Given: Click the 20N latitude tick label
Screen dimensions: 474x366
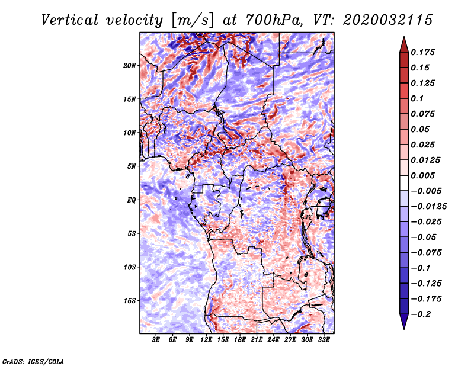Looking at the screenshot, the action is coord(129,66).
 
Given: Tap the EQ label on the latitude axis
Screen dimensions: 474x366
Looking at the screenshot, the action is coord(131,200).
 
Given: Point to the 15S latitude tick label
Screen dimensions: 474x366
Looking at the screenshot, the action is coord(130,301).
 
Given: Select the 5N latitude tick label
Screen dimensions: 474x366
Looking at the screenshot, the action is coord(131,166).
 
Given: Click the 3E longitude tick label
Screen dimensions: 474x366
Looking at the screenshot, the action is coord(156,340).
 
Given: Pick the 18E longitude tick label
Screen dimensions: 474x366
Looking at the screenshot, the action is coord(240,340).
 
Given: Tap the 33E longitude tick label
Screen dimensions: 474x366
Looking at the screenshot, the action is coord(324,340).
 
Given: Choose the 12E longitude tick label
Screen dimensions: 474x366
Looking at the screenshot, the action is coord(206,340).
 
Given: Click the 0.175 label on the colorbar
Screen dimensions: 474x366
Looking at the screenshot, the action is coord(422,52).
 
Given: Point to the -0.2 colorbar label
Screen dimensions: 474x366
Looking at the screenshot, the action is coord(421,314).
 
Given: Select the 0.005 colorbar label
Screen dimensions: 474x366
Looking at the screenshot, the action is coord(422,175).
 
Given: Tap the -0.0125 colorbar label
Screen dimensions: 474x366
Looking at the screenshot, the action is coord(428,207).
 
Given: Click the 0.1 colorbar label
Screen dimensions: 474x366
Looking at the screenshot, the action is coord(417,98).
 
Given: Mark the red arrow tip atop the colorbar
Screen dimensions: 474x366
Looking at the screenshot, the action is coord(404,37).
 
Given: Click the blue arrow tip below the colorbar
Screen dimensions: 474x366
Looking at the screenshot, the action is coord(404,329).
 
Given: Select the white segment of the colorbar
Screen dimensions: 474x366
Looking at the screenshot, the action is coord(404,183).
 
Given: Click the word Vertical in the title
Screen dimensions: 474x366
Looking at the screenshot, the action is coord(70,20).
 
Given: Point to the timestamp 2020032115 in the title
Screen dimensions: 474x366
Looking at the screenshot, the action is coord(388,20).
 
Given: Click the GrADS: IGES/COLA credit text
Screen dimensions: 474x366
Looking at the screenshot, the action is coord(33,361).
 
